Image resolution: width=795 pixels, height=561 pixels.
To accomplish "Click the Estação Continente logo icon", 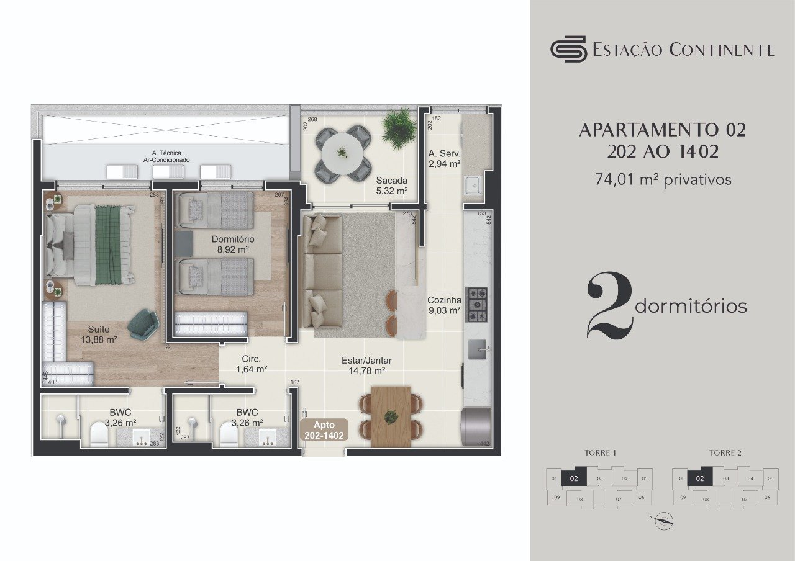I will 568,48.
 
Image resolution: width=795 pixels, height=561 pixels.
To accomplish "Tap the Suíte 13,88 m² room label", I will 99,334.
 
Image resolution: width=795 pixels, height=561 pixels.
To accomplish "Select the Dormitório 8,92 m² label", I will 233,244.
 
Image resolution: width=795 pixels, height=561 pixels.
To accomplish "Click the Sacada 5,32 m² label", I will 391,186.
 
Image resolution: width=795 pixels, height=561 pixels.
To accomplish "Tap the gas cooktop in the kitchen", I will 476,305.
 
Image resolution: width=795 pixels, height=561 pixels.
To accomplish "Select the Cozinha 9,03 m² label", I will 443,305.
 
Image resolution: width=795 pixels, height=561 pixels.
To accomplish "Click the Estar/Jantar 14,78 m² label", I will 366,366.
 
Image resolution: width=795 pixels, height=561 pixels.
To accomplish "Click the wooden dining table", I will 391,416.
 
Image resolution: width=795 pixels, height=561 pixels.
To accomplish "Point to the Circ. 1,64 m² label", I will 252,364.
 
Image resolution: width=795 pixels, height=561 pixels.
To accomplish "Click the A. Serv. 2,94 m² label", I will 444,159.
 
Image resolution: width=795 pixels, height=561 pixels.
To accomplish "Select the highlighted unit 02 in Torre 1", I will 574,478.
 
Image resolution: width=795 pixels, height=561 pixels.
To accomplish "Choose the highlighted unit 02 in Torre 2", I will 700,478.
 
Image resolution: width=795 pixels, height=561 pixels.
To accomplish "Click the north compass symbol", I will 664,521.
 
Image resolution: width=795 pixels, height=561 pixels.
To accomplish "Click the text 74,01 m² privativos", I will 663,180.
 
